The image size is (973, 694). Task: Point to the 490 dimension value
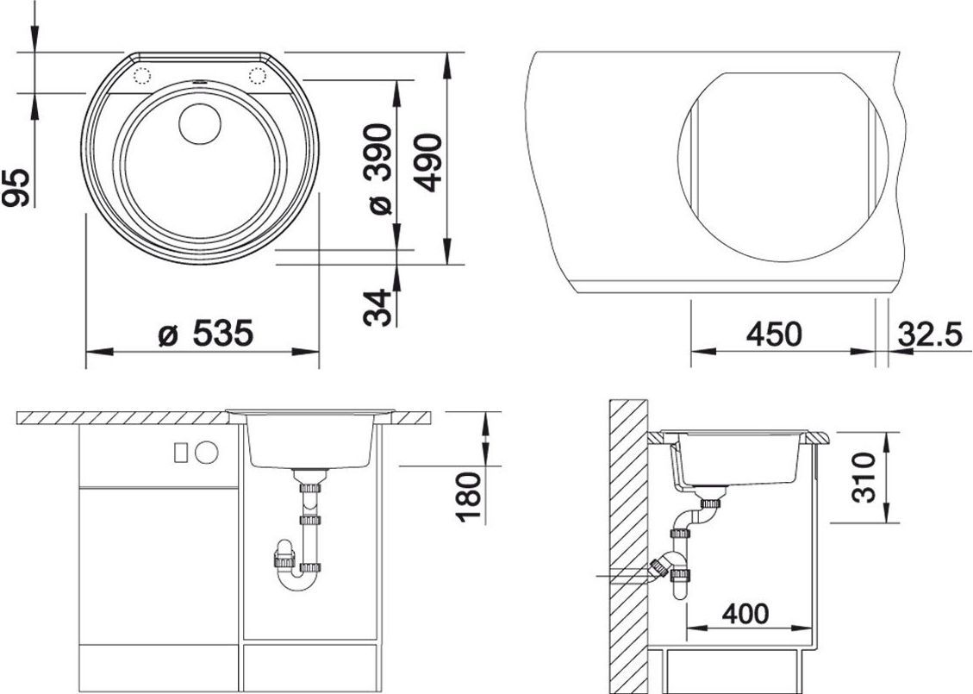pyautogui.click(x=428, y=162)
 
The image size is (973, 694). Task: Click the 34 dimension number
pyautogui.click(x=377, y=307)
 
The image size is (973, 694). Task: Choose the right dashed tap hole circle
pyautogui.click(x=257, y=75)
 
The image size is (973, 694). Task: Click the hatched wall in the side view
pyautogui.click(x=627, y=543)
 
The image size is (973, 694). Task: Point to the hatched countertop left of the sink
pyautogui.click(x=121, y=418)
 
